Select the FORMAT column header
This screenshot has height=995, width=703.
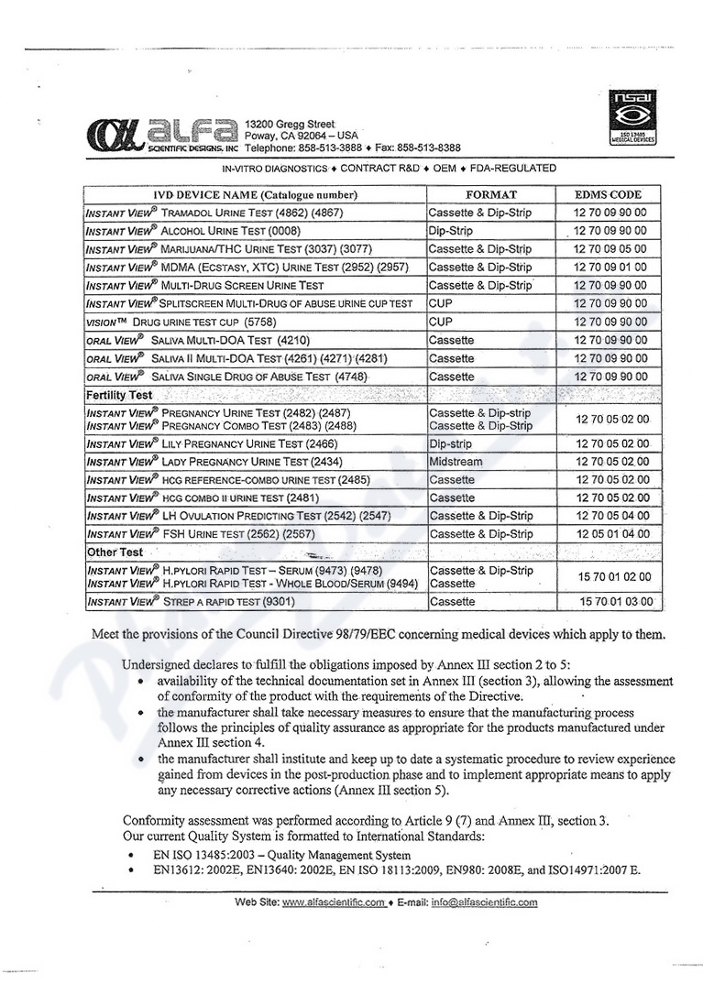click(491, 194)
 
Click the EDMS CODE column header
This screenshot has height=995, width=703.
click(608, 194)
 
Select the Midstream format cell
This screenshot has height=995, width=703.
click(456, 462)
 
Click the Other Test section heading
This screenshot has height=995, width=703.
click(115, 552)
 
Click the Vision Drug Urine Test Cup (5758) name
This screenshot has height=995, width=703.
click(181, 323)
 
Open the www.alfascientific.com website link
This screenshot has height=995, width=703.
click(334, 902)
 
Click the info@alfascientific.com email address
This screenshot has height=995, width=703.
click(485, 902)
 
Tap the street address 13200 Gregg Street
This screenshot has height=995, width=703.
click(283, 124)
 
